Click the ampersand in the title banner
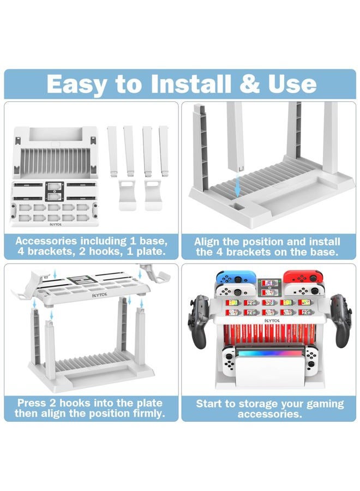tap(249, 84)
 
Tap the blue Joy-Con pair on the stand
tap(236, 277)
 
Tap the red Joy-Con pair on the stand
tap(303, 276)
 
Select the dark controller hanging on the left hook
tap(199, 321)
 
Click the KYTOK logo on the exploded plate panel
tap(99, 295)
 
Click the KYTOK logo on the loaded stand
tap(272, 321)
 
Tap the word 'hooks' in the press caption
tap(75, 403)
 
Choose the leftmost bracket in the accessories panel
tap(112, 151)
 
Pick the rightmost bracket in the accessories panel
tap(164, 151)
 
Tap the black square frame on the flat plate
tap(55, 191)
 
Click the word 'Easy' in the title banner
tap(76, 85)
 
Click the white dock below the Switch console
tap(269, 372)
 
